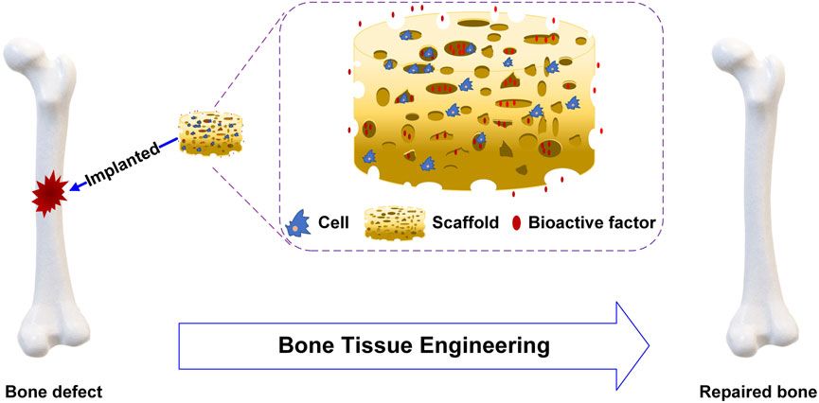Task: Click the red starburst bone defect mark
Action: tap(48, 195)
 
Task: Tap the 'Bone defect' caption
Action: tap(53, 392)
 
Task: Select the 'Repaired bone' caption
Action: tap(758, 392)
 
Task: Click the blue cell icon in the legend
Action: tap(299, 224)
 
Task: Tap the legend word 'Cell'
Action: tap(336, 223)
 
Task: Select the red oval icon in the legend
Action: tap(516, 224)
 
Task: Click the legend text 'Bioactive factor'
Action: tap(593, 223)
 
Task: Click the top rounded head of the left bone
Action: tap(32, 56)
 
